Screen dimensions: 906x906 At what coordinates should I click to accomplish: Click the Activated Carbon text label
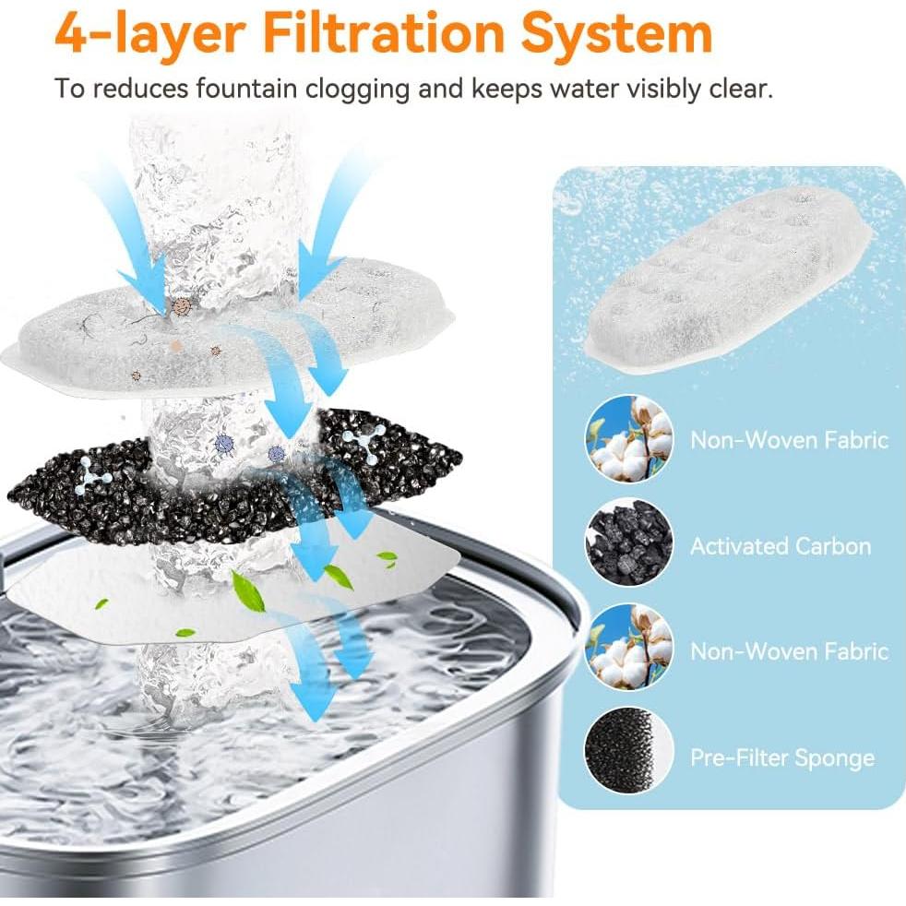click(781, 546)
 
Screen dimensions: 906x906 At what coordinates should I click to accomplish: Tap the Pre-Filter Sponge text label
click(782, 758)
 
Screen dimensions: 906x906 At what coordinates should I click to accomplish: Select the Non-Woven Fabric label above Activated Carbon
click(789, 439)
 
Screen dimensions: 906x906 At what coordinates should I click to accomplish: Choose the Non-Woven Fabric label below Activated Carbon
click(789, 651)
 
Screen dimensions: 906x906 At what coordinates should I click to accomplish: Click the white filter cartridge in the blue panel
click(727, 277)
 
